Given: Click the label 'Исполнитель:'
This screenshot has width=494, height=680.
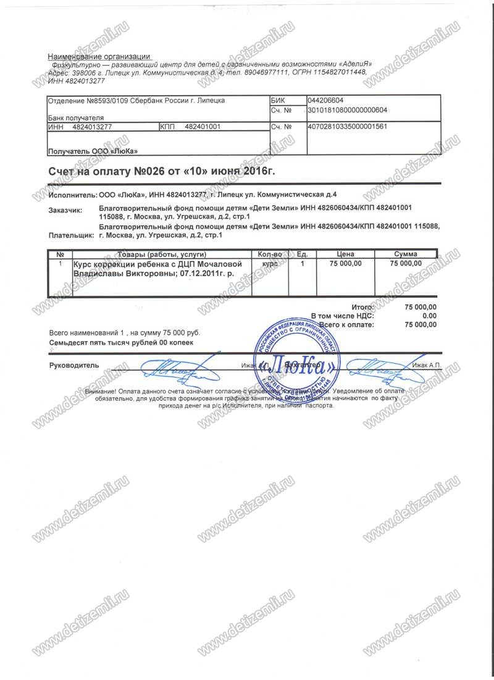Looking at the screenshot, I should (x=72, y=195).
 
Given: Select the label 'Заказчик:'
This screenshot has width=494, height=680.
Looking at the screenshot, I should (x=65, y=211).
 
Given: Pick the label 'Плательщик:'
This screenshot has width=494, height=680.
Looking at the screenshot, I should (x=70, y=235).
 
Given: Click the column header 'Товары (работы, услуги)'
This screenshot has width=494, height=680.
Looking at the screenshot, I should (x=160, y=254).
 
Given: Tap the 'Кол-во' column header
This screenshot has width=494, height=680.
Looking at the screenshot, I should (x=269, y=254).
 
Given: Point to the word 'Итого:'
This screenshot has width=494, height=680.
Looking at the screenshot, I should (x=362, y=307).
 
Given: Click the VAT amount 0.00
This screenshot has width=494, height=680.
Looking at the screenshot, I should (x=429, y=316).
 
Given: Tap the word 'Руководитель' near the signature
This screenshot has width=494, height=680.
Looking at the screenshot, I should (x=73, y=365).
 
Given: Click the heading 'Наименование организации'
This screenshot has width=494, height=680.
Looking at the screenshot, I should (x=98, y=56).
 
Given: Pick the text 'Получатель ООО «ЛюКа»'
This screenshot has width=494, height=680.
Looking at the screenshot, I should (x=93, y=151).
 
